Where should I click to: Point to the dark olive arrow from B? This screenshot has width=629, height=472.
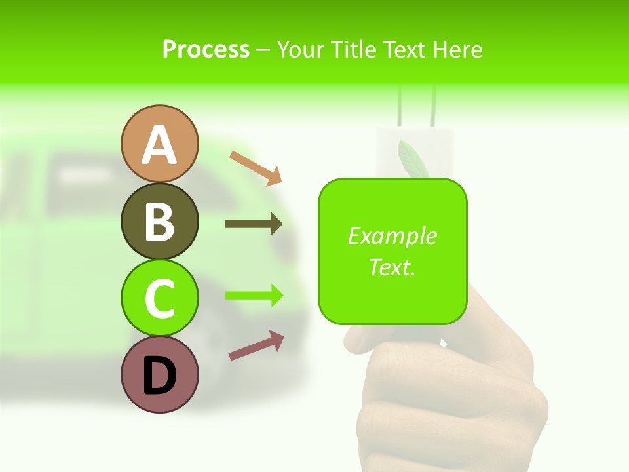click(254, 224)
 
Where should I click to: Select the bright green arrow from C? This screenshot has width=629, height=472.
click(254, 295)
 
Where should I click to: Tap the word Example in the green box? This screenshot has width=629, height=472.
click(392, 236)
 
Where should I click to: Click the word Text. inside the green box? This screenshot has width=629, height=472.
click(392, 267)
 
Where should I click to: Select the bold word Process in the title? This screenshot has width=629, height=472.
click(206, 50)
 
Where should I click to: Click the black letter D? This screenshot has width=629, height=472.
click(160, 376)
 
